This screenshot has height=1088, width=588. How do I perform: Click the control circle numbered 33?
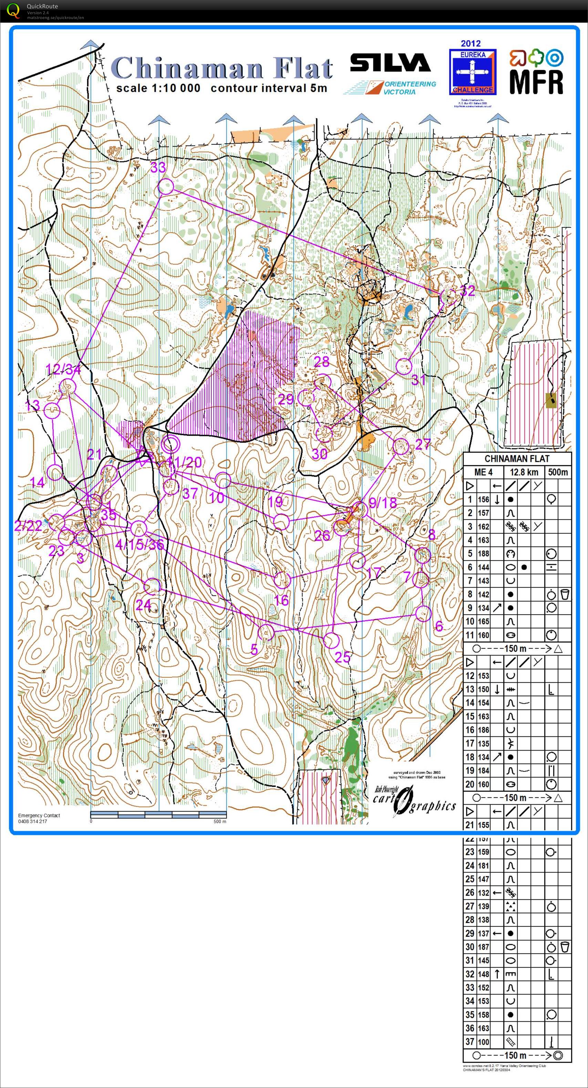coord(166,186)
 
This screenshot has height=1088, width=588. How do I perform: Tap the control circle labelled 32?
coord(448,297)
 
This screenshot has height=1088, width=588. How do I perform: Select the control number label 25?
coord(342,656)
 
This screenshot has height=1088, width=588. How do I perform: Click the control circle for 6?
coord(423,613)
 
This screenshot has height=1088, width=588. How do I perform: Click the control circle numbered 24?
coord(153,586)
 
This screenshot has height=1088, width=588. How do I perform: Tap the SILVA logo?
coord(390,63)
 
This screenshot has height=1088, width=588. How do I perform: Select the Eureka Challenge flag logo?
coord(472,72)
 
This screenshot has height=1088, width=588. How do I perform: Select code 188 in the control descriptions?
coord(483,553)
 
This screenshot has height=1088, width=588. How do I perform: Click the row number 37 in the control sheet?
coord(470,1041)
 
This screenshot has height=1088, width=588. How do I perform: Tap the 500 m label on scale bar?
coord(220,821)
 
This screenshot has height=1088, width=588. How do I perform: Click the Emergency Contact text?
coord(39,815)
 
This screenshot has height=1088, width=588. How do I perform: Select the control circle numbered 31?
coord(404,367)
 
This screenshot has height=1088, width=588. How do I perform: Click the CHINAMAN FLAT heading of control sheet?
coord(517,459)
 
